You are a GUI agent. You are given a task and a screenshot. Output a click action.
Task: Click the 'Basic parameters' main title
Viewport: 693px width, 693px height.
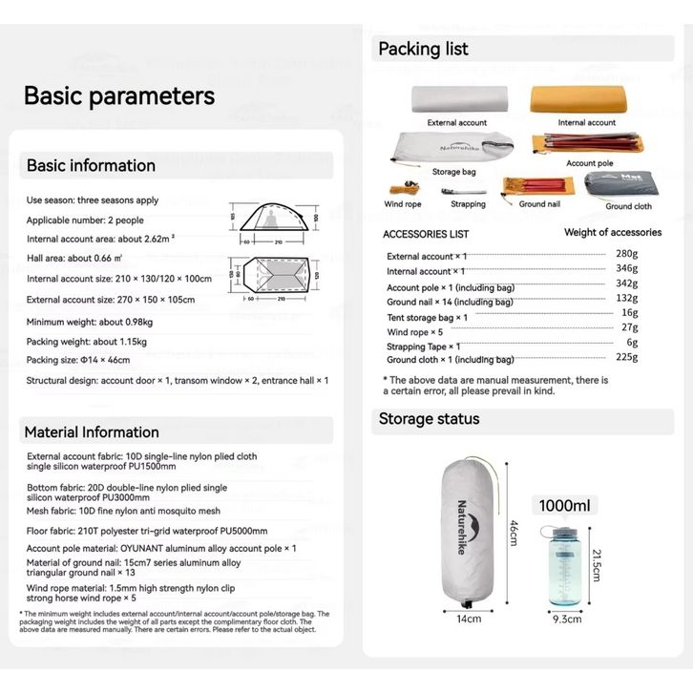point(119,96)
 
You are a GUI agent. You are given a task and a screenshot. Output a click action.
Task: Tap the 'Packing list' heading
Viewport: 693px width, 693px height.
point(424,49)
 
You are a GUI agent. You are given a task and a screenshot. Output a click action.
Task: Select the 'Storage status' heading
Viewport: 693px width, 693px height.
point(430,419)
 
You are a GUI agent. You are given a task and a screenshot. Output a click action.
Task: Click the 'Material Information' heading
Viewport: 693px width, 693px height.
point(93,431)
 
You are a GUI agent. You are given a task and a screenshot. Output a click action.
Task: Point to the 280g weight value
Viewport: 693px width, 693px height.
point(626,254)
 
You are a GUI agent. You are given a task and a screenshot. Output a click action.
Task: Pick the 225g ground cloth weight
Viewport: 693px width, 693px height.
point(626,357)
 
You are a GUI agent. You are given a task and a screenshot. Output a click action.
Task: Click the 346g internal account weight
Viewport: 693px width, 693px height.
point(626,268)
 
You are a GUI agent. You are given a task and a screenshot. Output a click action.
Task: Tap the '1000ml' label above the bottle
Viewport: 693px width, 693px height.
point(565,506)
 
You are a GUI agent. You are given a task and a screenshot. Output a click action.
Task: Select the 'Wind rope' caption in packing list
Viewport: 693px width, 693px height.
point(403,204)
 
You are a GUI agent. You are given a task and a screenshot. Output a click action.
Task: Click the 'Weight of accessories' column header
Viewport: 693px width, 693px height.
point(613,232)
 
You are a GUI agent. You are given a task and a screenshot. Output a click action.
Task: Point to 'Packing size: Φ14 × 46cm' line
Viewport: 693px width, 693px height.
point(78,360)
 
